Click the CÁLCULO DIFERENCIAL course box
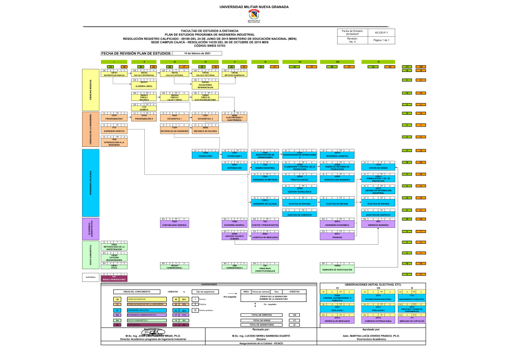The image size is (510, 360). (x=145, y=74)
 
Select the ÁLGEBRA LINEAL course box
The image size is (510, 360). (x=145, y=85)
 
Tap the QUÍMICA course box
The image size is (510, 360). (x=145, y=108)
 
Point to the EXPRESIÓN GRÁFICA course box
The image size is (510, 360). (x=114, y=130)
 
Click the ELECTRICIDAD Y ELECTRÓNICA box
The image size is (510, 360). (x=234, y=119)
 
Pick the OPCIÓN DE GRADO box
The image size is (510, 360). (x=378, y=167)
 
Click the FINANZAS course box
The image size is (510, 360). (x=338, y=236)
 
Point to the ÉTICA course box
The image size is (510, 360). (x=114, y=266)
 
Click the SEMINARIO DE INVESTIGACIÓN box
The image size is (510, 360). (x=337, y=269)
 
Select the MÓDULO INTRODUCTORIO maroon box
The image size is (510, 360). (x=114, y=278)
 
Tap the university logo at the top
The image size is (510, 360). (x=253, y=18)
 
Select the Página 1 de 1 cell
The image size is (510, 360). (x=381, y=40)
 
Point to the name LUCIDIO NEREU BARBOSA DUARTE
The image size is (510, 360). (x=262, y=337)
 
